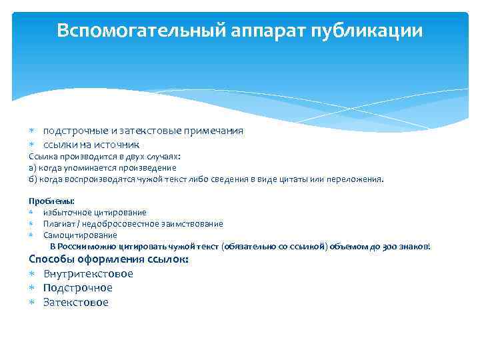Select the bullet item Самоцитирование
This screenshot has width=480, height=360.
click(80, 235)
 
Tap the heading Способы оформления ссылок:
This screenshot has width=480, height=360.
click(109, 259)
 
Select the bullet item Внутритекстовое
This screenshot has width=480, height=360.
click(88, 274)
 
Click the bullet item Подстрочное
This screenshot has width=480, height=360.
click(78, 288)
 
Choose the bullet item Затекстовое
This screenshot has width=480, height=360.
click(75, 303)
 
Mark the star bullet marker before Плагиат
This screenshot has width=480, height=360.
click(31, 224)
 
